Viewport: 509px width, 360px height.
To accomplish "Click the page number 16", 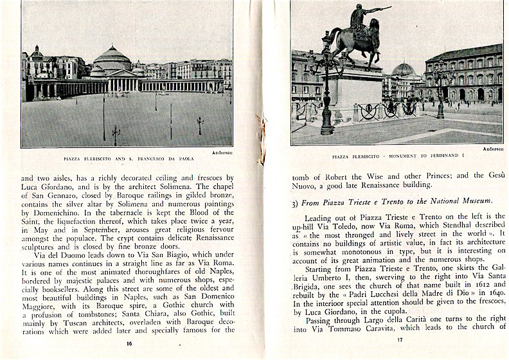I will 129,343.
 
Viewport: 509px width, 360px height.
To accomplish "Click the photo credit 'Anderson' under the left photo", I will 222,152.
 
